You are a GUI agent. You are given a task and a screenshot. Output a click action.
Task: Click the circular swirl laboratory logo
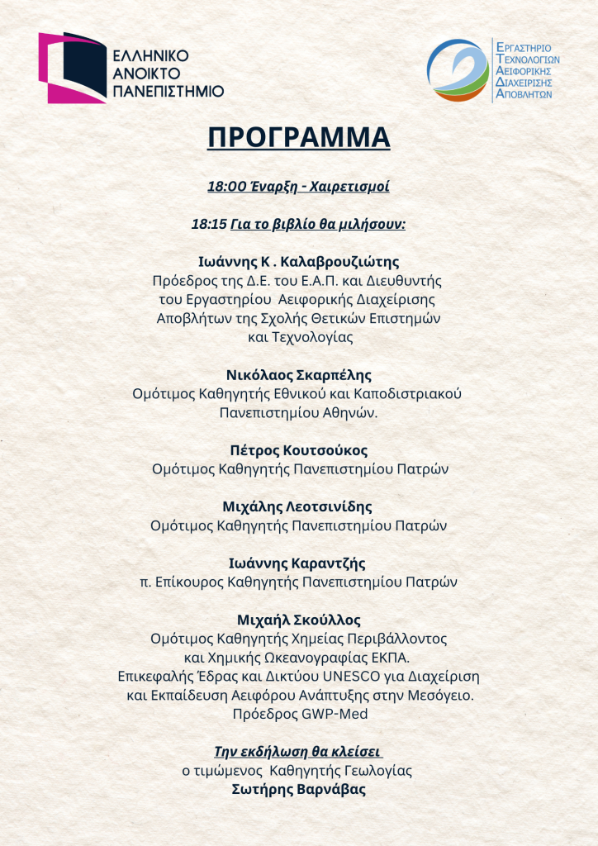click(457, 70)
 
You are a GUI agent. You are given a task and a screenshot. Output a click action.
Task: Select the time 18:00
click(225, 187)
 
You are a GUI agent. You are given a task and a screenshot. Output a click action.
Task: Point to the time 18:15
click(209, 224)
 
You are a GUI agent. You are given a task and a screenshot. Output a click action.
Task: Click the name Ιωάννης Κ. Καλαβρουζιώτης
click(299, 262)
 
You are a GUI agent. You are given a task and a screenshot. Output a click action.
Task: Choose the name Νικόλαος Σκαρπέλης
click(298, 374)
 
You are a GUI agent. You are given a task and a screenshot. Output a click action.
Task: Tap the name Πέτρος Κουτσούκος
click(298, 450)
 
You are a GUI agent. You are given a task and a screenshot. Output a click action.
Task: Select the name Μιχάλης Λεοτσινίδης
click(298, 506)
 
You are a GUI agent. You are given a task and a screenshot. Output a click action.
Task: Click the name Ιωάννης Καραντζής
click(298, 563)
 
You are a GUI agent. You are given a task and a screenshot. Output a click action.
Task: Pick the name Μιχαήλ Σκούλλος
click(298, 620)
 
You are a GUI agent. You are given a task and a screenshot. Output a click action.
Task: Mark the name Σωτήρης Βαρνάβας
click(298, 789)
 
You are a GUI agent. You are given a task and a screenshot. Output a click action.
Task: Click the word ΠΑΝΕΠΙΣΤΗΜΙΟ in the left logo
click(168, 91)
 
